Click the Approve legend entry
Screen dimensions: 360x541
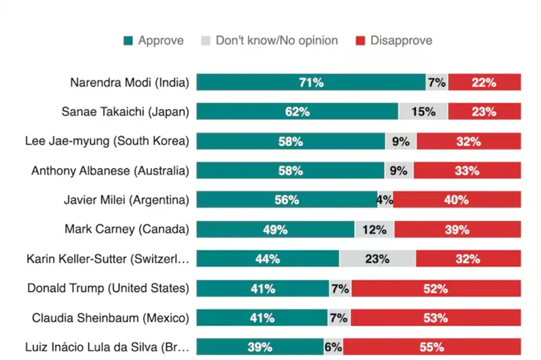coord(153,41)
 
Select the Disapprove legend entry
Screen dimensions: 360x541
coord(393,41)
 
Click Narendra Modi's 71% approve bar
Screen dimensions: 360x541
coord(311,83)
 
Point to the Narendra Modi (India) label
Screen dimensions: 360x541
coord(129,83)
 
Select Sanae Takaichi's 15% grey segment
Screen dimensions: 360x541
coord(423,111)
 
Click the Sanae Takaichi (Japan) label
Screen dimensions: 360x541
coord(125,111)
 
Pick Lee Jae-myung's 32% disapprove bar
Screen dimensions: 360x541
coord(468,141)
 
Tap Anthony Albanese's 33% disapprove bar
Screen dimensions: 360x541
coord(468,170)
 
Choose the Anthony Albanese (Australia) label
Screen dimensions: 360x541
coord(110,170)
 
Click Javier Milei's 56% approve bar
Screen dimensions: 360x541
coord(287,200)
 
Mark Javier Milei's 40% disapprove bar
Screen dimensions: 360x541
coord(456,200)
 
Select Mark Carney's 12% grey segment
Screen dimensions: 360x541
coord(374,230)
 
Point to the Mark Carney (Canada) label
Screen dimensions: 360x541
coord(127,230)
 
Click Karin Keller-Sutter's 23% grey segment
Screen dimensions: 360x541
coord(377,258)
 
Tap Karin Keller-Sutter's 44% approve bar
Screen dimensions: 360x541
coord(268,258)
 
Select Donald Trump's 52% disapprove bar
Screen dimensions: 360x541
coord(435,289)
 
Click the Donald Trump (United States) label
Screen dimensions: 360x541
coord(108,289)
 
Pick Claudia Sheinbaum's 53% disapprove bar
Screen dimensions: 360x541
coord(435,318)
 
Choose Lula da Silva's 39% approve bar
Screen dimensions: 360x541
coord(260,347)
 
